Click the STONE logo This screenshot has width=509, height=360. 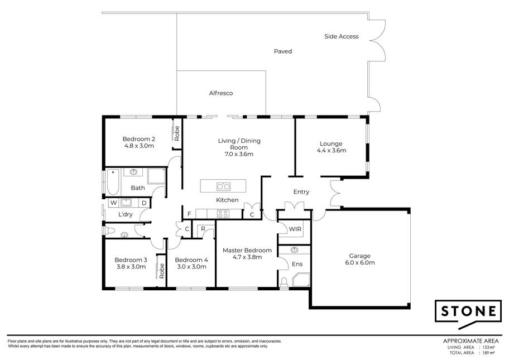[468, 314]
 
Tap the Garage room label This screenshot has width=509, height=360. [359, 256]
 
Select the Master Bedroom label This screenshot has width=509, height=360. [247, 250]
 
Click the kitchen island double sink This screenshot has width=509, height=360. [223, 186]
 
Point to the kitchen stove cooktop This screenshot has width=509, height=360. [223, 214]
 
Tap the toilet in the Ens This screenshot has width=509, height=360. [285, 282]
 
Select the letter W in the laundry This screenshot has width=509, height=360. [114, 203]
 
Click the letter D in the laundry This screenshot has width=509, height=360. [145, 203]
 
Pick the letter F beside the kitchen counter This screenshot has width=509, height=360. [189, 214]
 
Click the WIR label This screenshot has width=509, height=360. [295, 229]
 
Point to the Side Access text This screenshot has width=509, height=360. [342, 36]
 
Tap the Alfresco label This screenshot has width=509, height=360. [221, 93]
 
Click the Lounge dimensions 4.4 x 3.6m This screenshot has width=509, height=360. [331, 150]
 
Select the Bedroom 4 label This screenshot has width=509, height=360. [191, 260]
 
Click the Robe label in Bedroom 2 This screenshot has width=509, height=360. [177, 133]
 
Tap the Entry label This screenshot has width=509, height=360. [301, 192]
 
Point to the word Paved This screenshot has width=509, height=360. [283, 51]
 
